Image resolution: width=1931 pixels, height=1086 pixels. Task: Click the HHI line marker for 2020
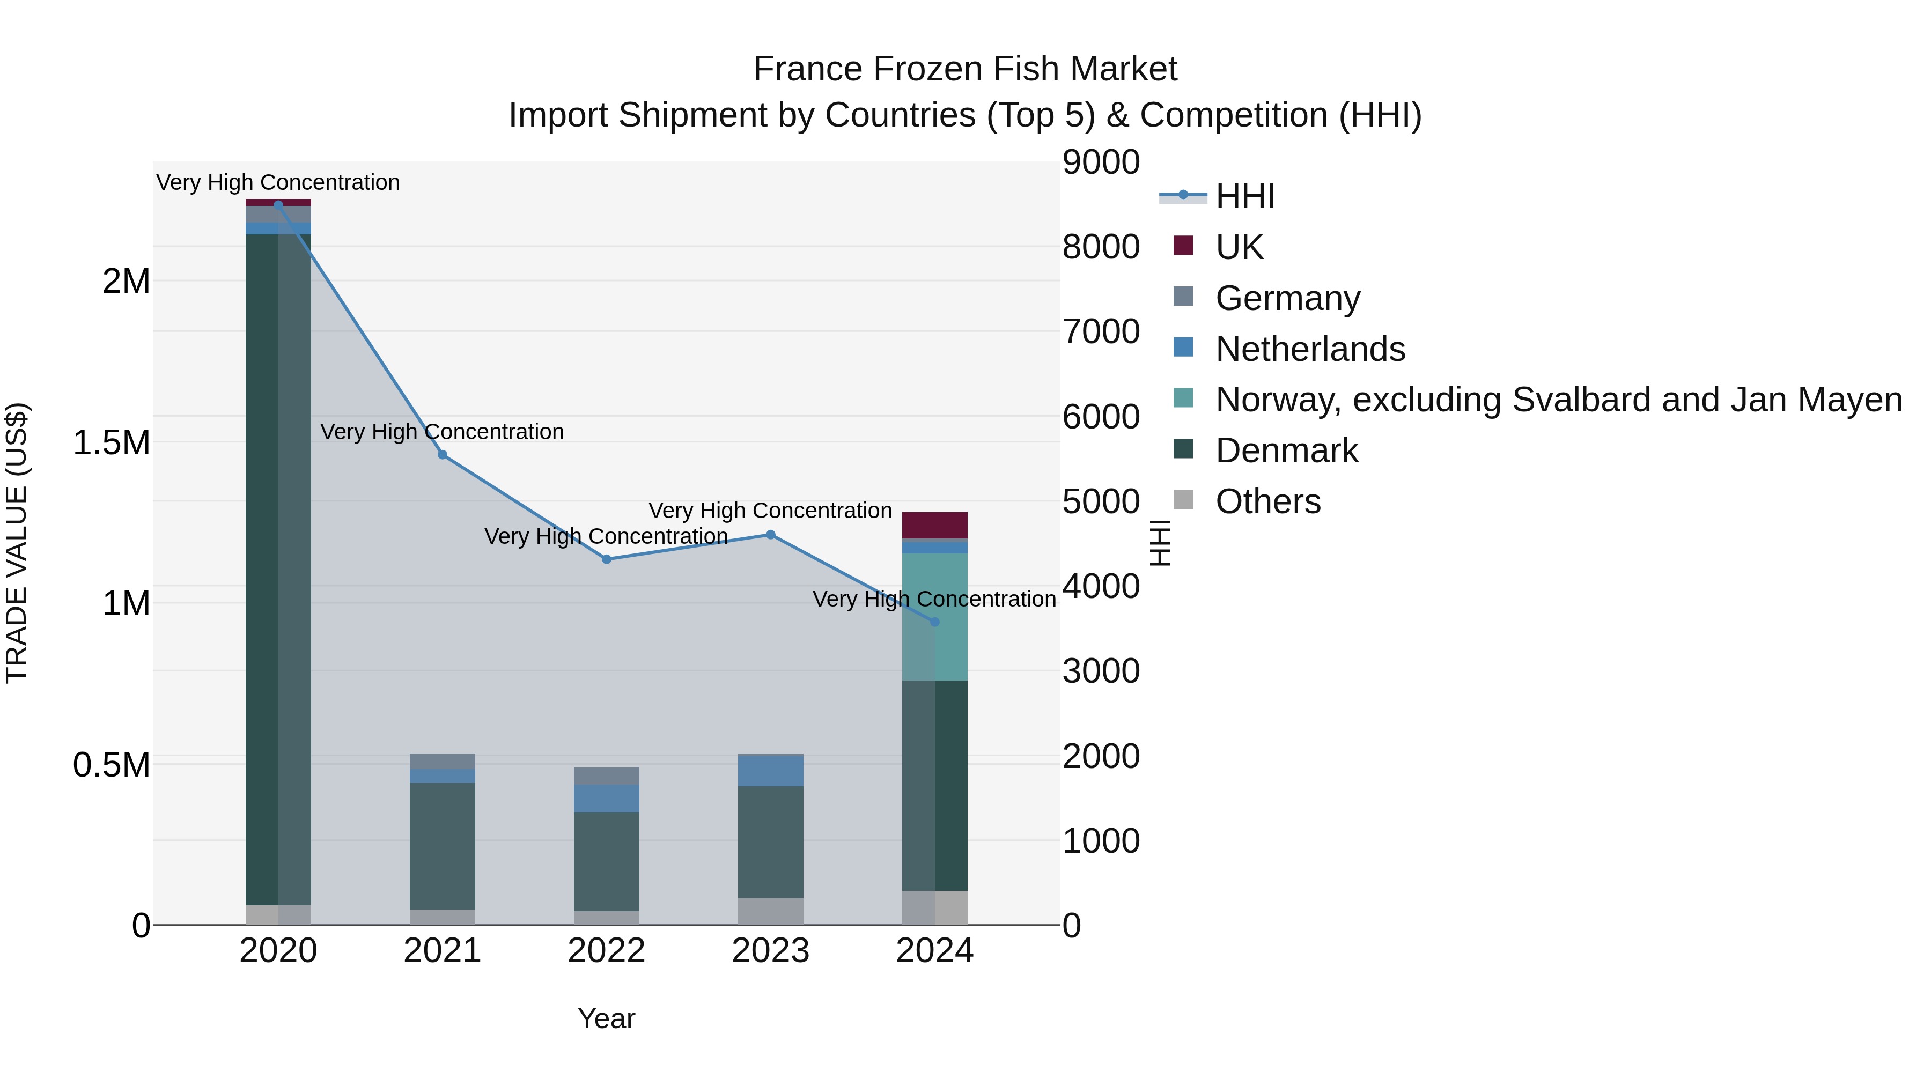point(278,205)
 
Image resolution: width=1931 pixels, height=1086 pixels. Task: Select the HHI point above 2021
point(443,455)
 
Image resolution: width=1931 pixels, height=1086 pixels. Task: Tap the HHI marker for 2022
point(607,559)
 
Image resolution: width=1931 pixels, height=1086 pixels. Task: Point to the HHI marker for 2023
point(771,534)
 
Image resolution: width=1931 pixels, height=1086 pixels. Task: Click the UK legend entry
point(1239,247)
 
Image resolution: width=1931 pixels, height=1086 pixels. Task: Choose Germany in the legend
point(1287,298)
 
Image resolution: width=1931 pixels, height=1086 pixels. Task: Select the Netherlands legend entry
point(1309,349)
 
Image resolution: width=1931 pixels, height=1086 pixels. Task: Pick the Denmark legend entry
point(1286,450)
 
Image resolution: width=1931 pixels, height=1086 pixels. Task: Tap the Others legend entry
point(1267,501)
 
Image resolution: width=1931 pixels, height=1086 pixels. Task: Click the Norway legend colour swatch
point(1183,398)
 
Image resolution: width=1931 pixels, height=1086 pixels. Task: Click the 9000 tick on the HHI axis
point(1101,162)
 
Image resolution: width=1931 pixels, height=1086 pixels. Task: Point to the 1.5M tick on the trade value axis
point(112,443)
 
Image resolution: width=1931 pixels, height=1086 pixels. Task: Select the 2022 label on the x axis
point(607,951)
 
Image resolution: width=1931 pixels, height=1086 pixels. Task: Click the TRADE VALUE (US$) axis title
point(17,543)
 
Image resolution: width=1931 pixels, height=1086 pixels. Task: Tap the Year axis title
point(607,1018)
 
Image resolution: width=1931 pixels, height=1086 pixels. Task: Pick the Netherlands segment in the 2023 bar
point(771,771)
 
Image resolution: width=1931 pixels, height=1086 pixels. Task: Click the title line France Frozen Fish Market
point(965,69)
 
